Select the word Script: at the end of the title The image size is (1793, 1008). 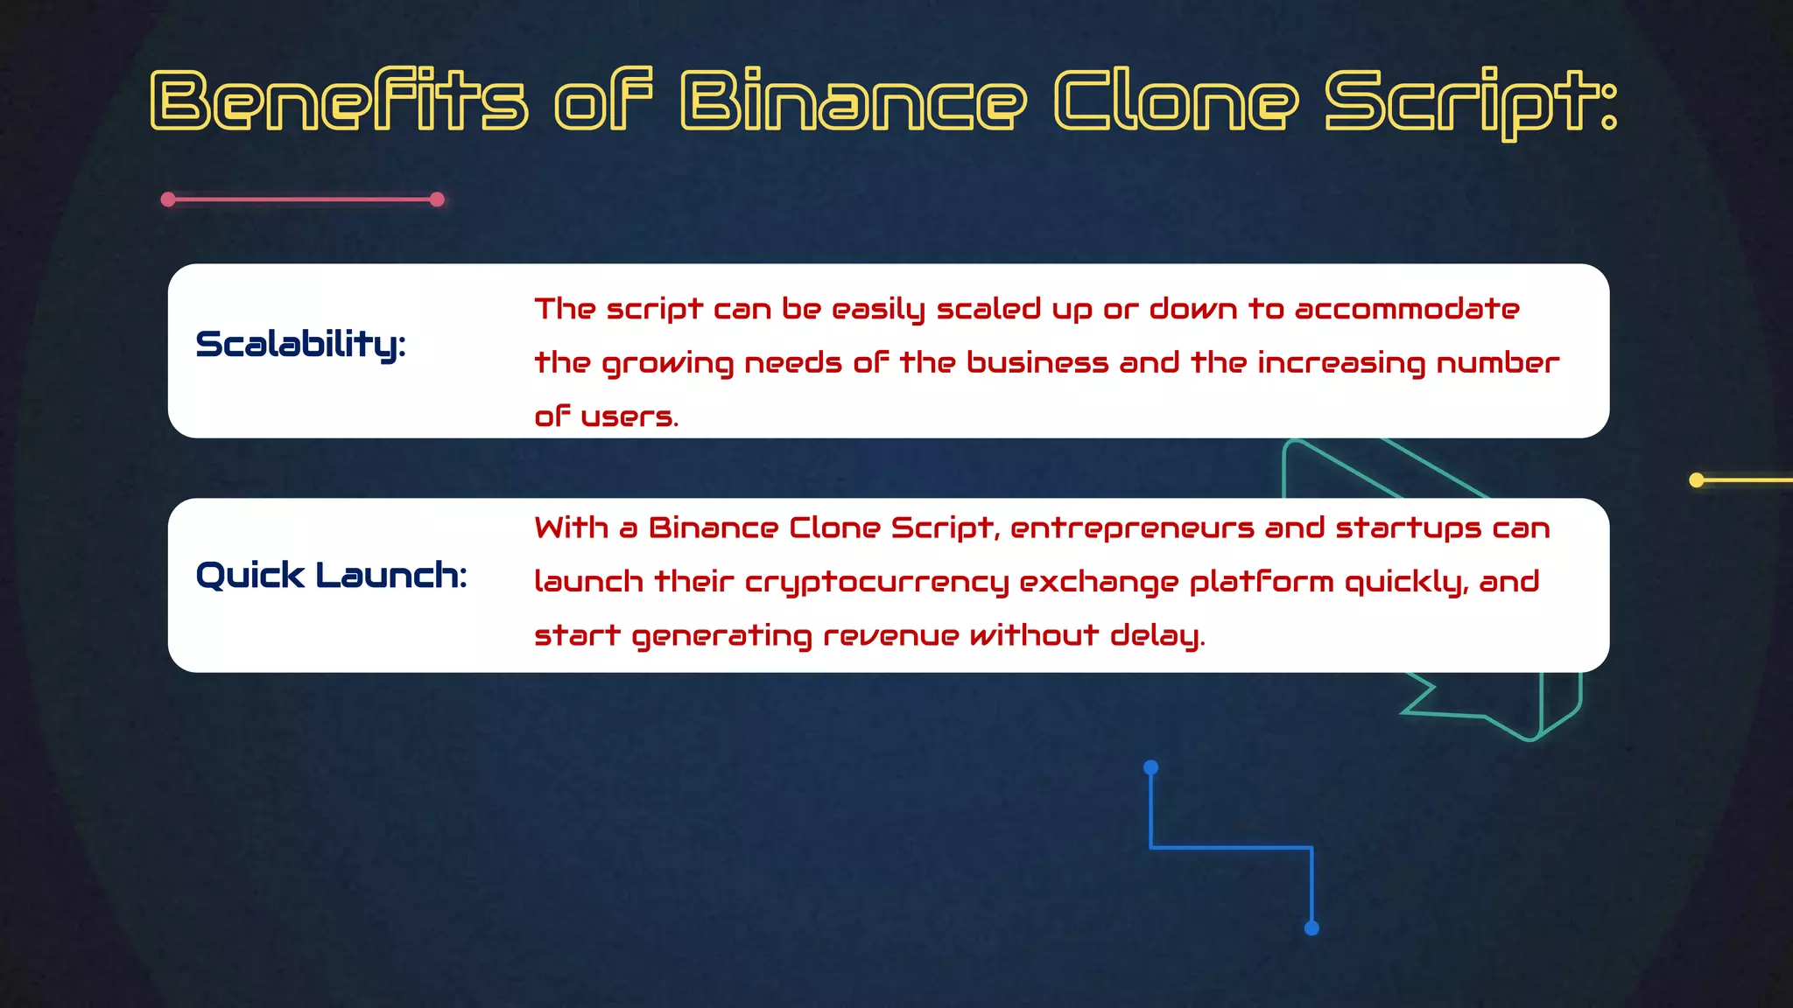1471,101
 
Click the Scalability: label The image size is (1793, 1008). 300,345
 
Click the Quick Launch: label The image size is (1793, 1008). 331,576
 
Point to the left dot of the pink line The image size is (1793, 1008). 168,199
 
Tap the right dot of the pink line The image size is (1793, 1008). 438,199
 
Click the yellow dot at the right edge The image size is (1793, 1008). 1696,479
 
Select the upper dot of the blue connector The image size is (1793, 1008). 1151,767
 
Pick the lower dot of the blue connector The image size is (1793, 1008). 1311,928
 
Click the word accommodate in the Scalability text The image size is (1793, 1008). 1406,309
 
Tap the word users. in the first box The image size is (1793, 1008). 629,416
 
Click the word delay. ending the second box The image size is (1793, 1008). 1157,635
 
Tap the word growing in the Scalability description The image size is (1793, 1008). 668,364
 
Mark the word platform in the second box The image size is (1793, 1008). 1261,583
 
